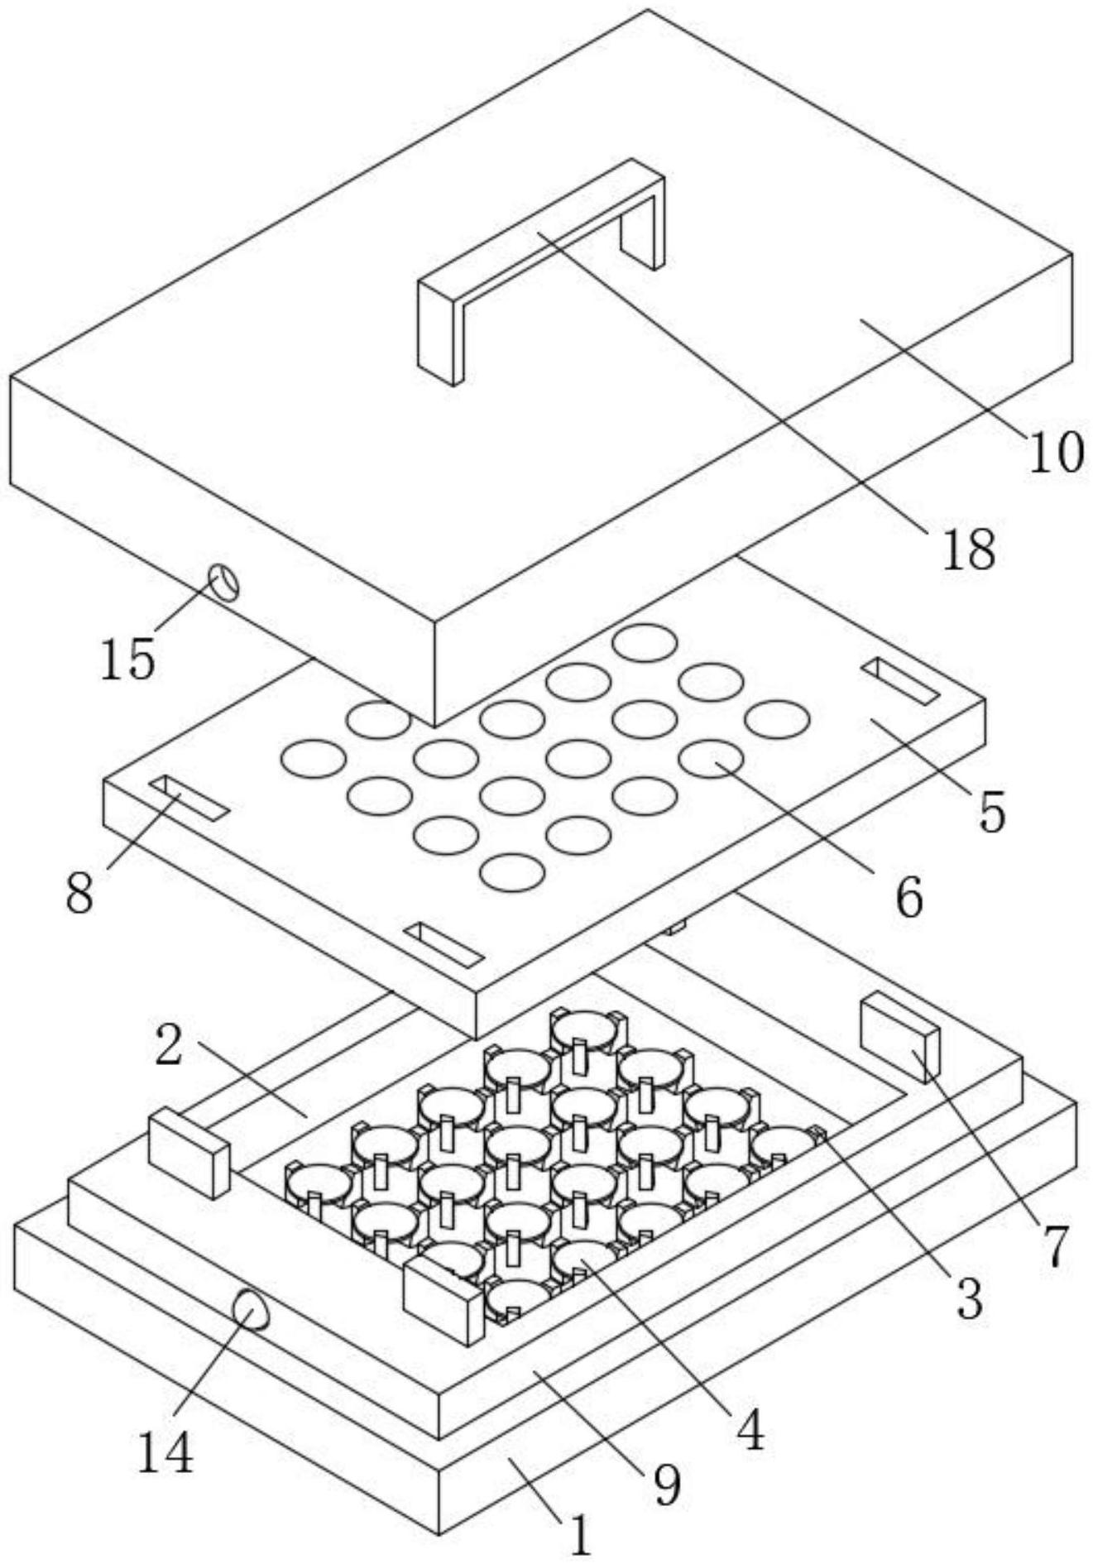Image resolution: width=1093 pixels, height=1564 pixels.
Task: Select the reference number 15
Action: (x=128, y=660)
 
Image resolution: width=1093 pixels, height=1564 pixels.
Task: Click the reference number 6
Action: (x=909, y=896)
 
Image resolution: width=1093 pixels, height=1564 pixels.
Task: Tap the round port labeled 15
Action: (x=223, y=583)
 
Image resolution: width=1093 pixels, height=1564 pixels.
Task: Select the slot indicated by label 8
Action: (x=189, y=798)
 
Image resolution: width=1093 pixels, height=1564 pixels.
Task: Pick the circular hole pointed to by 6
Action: (x=711, y=758)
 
